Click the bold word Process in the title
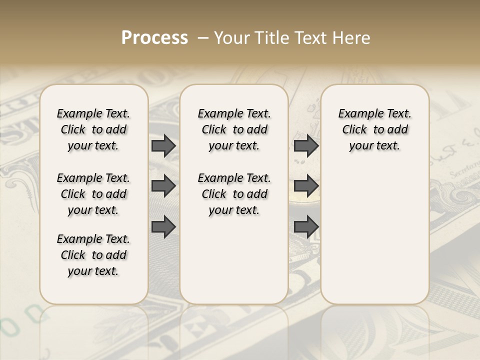[x=154, y=38]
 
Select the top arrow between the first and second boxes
[x=163, y=145]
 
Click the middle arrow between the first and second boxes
[x=163, y=186]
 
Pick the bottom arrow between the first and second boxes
[x=163, y=227]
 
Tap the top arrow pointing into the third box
[x=306, y=145]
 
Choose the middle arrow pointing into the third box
[x=306, y=186]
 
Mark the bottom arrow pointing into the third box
[x=306, y=227]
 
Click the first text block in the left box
[x=93, y=129]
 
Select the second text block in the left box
[x=93, y=194]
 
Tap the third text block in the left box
[x=93, y=255]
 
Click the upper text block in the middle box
[x=234, y=129]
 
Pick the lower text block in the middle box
[x=234, y=194]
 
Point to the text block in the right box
[x=374, y=129]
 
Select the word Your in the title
[x=228, y=38]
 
